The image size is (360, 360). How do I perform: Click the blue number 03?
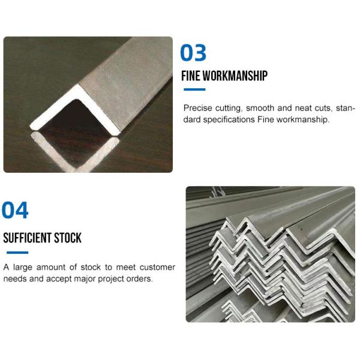(193, 53)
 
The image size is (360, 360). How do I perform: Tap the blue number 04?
(15, 211)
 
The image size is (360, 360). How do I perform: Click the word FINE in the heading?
(191, 76)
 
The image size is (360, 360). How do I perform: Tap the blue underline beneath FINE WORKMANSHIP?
(194, 90)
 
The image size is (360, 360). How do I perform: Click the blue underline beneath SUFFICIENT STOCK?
(16, 253)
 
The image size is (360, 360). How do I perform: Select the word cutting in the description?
(230, 109)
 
